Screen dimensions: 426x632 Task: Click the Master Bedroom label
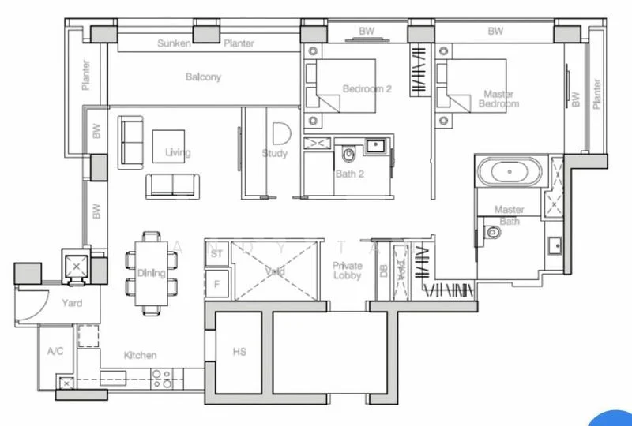tap(500, 99)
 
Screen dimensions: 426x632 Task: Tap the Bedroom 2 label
tap(367, 89)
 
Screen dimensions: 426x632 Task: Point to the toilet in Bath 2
tap(348, 151)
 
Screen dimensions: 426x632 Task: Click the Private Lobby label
tap(347, 271)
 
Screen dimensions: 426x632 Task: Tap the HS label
tap(239, 352)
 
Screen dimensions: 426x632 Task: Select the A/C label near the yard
tap(55, 351)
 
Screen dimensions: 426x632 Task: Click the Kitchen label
tap(140, 356)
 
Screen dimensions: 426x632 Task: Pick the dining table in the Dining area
tap(150, 273)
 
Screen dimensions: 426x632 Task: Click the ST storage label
tap(216, 253)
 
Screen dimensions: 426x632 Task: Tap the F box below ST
tap(216, 282)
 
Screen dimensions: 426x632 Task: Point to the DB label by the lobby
tap(383, 271)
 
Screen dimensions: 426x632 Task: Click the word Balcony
tap(203, 77)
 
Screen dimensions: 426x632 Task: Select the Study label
tap(275, 154)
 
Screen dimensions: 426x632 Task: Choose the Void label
tap(275, 271)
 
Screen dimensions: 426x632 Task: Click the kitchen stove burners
tap(163, 379)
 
